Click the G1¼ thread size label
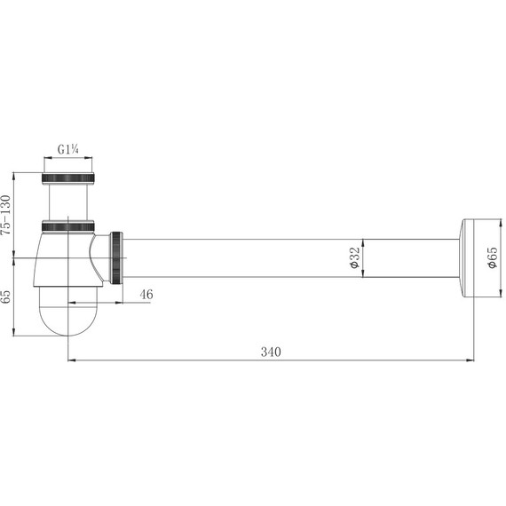point(68,149)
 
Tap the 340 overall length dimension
point(271,352)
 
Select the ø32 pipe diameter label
point(354,257)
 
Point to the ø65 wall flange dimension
point(493,257)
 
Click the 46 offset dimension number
point(146,295)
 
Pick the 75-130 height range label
point(6,215)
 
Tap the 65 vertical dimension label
point(6,296)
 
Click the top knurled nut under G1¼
point(68,178)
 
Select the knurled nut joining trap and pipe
point(116,257)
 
